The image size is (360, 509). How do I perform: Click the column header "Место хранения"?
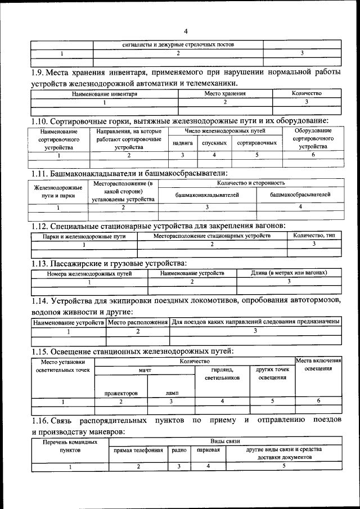(225, 93)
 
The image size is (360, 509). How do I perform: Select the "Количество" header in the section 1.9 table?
(307, 93)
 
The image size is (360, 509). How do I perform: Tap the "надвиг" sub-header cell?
(183, 143)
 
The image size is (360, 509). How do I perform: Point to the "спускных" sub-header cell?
(214, 143)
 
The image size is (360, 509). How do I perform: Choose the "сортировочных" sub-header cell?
(256, 143)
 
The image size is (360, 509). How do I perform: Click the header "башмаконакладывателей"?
(207, 195)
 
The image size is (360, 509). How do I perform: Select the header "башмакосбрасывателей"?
(300, 195)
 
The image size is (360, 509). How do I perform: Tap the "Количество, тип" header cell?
(314, 235)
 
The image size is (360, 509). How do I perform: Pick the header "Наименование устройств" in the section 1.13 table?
(192, 273)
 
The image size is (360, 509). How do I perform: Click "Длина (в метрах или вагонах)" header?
(289, 273)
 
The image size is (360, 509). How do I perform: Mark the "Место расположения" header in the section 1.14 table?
(138, 322)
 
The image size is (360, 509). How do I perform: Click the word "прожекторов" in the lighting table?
(121, 394)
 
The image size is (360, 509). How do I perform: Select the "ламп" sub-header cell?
(172, 394)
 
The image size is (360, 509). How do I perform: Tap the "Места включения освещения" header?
(318, 364)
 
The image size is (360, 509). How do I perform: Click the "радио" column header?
(179, 450)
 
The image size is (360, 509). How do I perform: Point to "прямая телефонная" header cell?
(138, 450)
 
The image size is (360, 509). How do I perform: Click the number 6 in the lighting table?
(318, 401)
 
